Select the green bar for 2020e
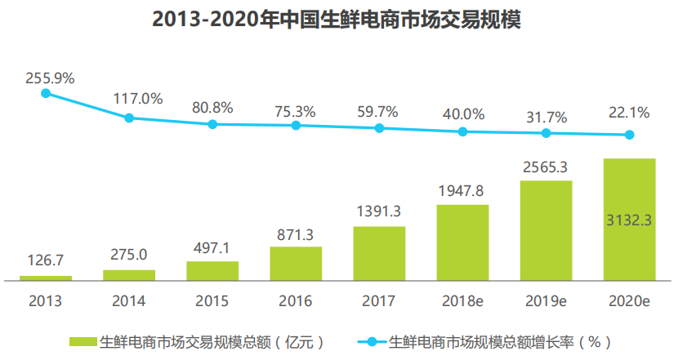pos(629,219)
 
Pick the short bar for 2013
pos(46,278)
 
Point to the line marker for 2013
pos(46,93)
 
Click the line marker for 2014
pos(129,118)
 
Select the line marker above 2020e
pos(629,136)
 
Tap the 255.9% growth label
pos(50,78)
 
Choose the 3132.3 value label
pos(629,219)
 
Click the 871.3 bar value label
pos(296,234)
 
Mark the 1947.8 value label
pos(462,192)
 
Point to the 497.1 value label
pos(212,249)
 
